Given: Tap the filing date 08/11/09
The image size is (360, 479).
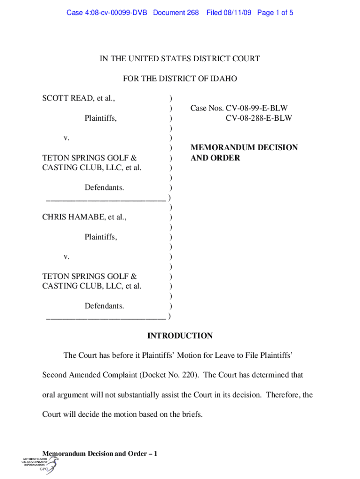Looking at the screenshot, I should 236,13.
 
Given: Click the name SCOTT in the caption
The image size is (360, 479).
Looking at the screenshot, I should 55,98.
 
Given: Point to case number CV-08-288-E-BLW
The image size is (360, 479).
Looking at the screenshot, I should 259,118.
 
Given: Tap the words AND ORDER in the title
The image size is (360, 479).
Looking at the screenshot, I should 215,158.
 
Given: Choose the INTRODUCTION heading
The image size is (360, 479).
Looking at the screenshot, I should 180,336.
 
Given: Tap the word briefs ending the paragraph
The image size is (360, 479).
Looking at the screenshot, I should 191,414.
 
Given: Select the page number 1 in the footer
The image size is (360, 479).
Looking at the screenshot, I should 155,454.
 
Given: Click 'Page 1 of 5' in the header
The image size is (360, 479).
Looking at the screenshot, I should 275,13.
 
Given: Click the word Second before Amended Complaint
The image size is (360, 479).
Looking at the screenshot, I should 56,375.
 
